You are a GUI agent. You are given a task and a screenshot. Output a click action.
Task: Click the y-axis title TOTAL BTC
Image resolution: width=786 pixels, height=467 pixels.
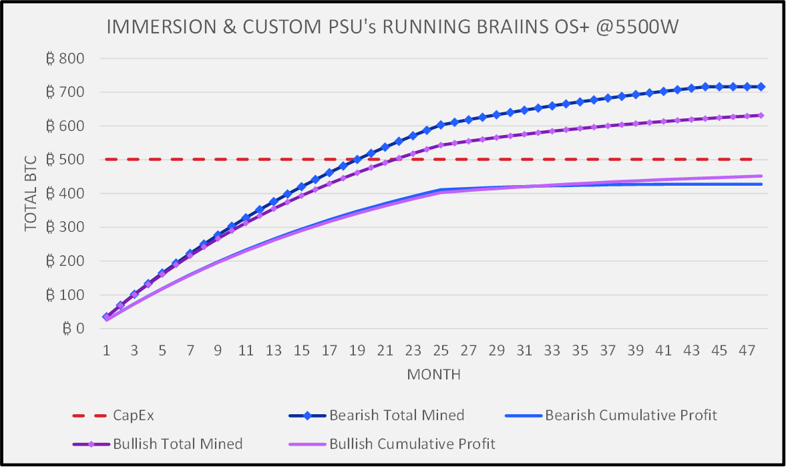pos(31,194)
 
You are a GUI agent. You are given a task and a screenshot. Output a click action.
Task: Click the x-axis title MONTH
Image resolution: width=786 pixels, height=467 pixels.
pos(433,374)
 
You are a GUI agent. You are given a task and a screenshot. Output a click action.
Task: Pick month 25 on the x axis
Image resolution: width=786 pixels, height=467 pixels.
pos(441,349)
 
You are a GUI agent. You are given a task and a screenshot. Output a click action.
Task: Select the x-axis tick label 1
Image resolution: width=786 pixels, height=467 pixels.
pos(107,349)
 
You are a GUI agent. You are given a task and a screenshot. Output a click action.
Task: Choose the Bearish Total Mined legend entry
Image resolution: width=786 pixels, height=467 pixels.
pos(397,416)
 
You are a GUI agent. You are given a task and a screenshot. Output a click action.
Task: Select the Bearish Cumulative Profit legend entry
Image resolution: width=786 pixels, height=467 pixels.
pos(631,416)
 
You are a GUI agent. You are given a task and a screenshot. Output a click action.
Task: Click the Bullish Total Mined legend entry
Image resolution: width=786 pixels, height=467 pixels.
pos(177,444)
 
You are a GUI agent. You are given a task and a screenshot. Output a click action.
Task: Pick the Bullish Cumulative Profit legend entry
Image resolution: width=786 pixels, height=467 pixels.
pos(412,444)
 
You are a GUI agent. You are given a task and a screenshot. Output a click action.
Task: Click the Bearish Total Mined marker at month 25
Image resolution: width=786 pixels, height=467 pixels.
pos(441,125)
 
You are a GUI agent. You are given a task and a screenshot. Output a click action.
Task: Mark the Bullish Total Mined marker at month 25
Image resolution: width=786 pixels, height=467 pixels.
pos(441,145)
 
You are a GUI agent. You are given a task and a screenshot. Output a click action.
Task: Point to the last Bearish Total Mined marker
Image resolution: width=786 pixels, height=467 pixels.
pos(761,87)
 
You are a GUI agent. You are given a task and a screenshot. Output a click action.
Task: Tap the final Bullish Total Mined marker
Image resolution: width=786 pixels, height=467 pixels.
pos(761,116)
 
